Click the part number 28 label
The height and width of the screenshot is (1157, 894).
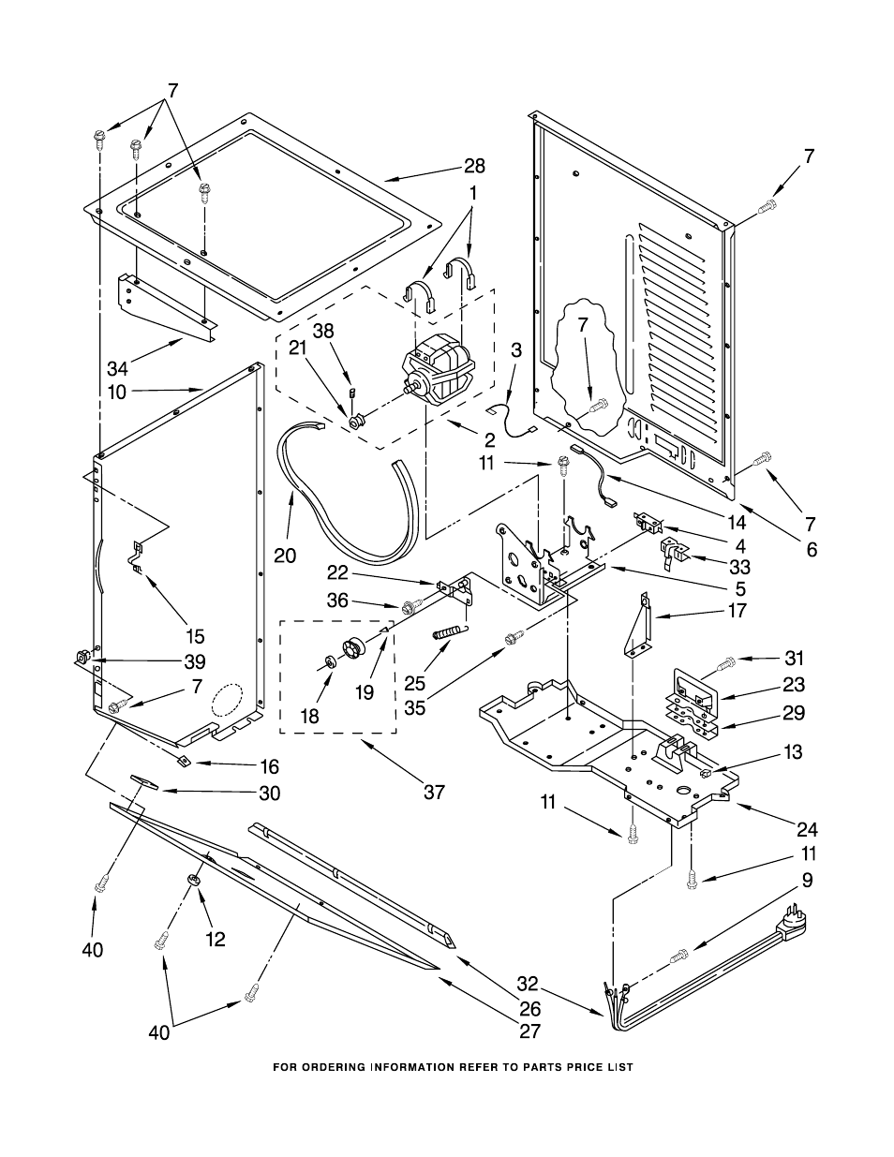click(474, 167)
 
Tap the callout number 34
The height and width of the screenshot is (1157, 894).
click(118, 368)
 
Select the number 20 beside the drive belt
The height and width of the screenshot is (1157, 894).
click(285, 556)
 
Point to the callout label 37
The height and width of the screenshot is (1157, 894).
click(435, 793)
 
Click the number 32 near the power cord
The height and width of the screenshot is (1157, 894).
click(528, 984)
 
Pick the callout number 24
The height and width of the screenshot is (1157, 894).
click(807, 829)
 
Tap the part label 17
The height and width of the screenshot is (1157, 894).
click(737, 611)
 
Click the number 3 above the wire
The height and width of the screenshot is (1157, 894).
click(516, 350)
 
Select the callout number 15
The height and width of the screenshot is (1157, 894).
click(195, 636)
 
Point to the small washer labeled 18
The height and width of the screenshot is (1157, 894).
click(330, 662)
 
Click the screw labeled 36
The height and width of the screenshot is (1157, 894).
click(410, 605)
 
